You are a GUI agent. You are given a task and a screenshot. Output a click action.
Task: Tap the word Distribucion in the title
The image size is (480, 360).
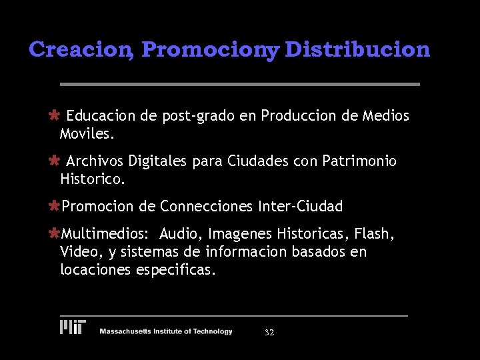pyautogui.click(x=357, y=49)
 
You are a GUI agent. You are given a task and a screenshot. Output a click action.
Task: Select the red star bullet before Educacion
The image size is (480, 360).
pyautogui.click(x=55, y=115)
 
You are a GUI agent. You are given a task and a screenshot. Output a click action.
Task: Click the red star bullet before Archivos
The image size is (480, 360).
pyautogui.click(x=55, y=161)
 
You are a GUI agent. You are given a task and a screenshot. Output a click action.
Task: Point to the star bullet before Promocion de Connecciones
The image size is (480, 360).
pyautogui.click(x=55, y=207)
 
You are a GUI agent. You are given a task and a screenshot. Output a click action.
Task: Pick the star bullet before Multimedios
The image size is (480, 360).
pyautogui.click(x=55, y=234)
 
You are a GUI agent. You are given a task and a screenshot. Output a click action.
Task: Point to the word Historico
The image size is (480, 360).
pyautogui.click(x=92, y=179)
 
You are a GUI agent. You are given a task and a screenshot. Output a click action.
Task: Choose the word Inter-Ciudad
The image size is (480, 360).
pyautogui.click(x=300, y=207)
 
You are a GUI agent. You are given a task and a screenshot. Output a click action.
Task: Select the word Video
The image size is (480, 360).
pyautogui.click(x=77, y=253)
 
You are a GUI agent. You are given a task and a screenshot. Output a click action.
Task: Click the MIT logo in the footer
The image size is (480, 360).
pyautogui.click(x=73, y=327)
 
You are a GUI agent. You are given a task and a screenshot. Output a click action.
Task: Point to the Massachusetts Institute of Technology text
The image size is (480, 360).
pyautogui.click(x=166, y=331)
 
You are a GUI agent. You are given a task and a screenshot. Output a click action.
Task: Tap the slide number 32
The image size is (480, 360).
pyautogui.click(x=269, y=332)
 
